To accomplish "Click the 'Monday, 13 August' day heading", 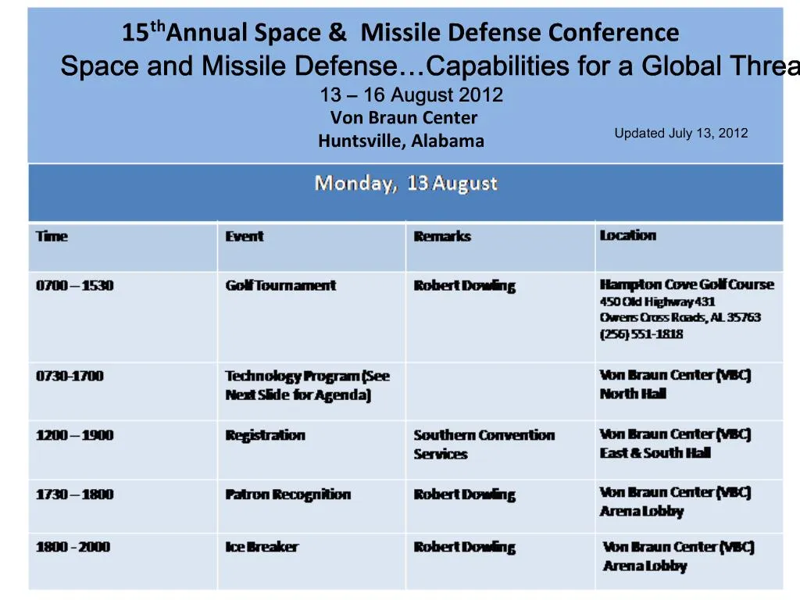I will pyautogui.click(x=405, y=184).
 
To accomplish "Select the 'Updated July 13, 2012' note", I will pyautogui.click(x=680, y=134).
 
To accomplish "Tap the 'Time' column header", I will pyautogui.click(x=52, y=237).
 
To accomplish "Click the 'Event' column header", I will pyautogui.click(x=244, y=237).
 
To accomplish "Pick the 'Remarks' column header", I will pyautogui.click(x=442, y=237).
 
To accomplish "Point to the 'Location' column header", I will pyautogui.click(x=627, y=235).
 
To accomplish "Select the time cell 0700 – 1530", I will pyautogui.click(x=74, y=286).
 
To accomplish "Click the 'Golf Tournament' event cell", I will pyautogui.click(x=280, y=286).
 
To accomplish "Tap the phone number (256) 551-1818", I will pyautogui.click(x=641, y=334).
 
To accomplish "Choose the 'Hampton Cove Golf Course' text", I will pyautogui.click(x=686, y=284).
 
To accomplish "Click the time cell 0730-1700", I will pyautogui.click(x=70, y=376).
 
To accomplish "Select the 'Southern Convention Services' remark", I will pyautogui.click(x=484, y=445).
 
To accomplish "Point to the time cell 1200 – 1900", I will pyautogui.click(x=74, y=435).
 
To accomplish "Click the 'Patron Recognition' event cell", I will pyautogui.click(x=287, y=495).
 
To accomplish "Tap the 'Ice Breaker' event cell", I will pyautogui.click(x=261, y=547).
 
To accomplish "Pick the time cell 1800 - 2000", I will pyautogui.click(x=73, y=547).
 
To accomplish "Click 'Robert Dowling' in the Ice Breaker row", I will pyautogui.click(x=464, y=547).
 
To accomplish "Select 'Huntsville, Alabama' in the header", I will pyautogui.click(x=401, y=141).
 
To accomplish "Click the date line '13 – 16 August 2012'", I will pyautogui.click(x=411, y=95).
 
